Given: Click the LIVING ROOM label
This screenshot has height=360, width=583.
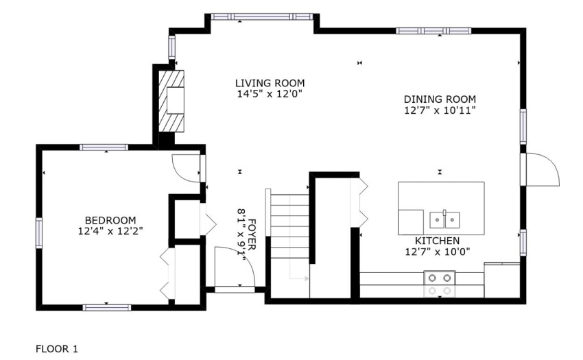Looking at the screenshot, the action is pos(270,83).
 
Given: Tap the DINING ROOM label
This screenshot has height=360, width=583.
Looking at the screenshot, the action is pos(440,99).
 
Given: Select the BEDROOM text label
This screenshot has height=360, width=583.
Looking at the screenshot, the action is pos(110,220).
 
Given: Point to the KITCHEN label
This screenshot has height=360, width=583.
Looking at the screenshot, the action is pos(438,241).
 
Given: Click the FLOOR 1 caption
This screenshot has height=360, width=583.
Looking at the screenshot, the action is pos(57,349).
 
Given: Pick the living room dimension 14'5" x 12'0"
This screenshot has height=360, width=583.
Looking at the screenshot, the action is pos(270,94).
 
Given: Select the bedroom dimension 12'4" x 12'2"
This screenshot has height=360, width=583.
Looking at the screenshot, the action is pos(110,231).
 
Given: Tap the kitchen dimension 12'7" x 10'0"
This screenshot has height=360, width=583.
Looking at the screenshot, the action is pos(438,252).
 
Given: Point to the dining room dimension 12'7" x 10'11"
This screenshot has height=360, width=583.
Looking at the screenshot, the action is pos(440,110).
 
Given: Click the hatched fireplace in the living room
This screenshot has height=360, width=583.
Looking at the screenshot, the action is pos(171,101).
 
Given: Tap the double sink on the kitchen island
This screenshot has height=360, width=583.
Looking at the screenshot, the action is pos(444,219).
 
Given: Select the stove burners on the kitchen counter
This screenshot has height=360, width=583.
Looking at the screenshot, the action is pos(440,284).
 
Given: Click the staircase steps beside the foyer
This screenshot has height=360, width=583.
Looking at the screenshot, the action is pos(289,226).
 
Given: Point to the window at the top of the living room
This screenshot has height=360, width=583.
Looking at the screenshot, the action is pos(261,16).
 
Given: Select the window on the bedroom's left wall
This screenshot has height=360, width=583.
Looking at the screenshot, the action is pos(38,233).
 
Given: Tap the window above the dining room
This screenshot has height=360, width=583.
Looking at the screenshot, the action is pos(433,31).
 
